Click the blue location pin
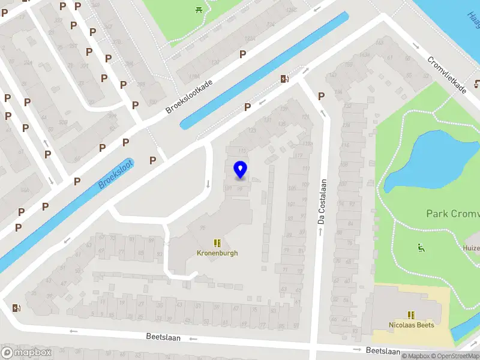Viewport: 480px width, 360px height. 241,170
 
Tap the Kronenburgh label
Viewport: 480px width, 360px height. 217,253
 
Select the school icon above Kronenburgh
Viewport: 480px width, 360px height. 217,243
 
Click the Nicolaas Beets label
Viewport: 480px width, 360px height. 411,325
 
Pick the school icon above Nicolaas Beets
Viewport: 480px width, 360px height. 411,315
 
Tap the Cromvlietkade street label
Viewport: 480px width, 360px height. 447,74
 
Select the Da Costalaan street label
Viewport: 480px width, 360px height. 322,202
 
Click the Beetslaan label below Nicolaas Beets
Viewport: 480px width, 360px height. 383,350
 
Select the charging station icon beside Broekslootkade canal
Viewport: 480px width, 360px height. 284,79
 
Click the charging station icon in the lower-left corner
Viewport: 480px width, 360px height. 16,308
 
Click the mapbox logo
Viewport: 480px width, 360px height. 26,353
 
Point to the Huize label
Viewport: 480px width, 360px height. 471,248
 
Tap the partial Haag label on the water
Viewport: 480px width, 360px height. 473,18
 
